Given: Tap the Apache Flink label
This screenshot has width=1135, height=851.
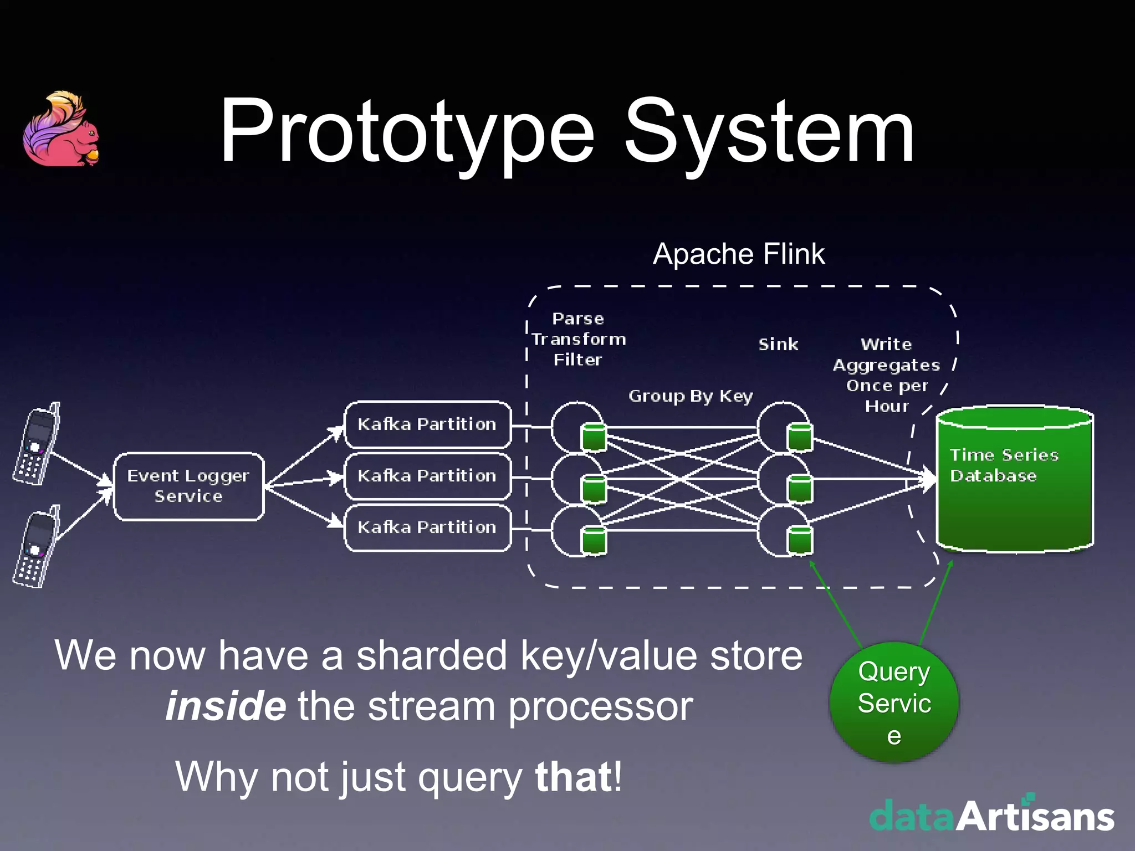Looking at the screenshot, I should (738, 254).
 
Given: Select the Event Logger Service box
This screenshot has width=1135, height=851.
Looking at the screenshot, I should (188, 486).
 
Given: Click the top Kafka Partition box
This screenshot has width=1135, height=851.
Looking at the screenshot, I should (427, 424).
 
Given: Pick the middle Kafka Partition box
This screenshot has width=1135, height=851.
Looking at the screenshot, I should (427, 476).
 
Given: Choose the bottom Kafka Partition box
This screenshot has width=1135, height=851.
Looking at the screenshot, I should (427, 527).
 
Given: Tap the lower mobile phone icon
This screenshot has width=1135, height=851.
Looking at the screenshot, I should (37, 547).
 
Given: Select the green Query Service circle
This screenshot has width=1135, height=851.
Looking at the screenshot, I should (894, 703).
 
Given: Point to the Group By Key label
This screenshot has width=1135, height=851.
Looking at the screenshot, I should (691, 396).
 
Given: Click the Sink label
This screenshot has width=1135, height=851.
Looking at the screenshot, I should (778, 345).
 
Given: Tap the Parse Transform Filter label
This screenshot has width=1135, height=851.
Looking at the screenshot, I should (578, 339).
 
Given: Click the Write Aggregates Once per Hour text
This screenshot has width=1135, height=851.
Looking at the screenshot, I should (887, 375).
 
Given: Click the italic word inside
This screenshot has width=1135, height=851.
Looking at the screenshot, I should (226, 706).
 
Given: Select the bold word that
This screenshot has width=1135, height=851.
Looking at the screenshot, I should (573, 777).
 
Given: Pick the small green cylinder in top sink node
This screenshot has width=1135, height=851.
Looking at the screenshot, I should (800, 437).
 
